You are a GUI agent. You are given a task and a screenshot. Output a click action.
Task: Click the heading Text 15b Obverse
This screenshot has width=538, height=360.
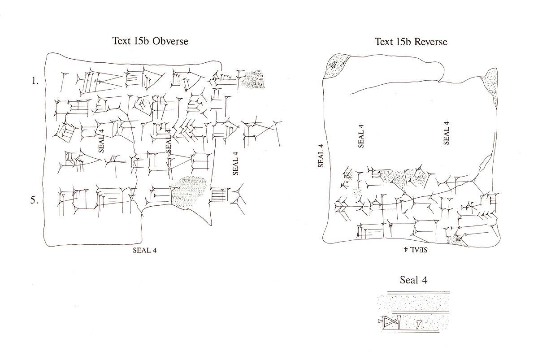150,41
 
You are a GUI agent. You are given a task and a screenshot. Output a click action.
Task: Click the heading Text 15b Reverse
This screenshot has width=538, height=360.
411,42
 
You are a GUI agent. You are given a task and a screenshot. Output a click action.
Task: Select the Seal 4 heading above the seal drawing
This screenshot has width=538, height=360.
413,281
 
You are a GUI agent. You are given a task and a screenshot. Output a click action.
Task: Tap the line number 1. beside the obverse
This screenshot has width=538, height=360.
35,81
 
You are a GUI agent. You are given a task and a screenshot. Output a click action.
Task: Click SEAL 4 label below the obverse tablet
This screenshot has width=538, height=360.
144,251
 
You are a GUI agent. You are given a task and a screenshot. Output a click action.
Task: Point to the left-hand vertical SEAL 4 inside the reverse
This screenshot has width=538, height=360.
361,136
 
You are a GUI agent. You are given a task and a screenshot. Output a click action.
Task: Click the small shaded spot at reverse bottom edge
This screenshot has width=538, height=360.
458,239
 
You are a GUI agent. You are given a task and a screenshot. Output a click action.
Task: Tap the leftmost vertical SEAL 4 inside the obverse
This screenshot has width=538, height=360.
101,140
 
